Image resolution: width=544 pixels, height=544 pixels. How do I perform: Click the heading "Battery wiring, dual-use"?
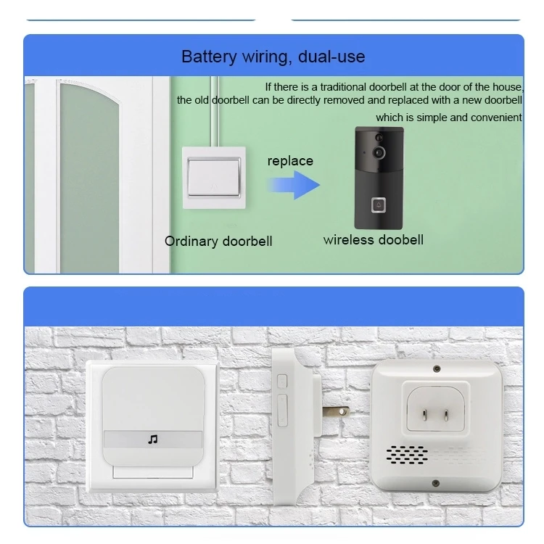(x=273, y=57)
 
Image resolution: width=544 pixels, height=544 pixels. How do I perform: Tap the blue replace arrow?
(x=293, y=185)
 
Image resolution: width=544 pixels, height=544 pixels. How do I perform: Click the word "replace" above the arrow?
(x=290, y=161)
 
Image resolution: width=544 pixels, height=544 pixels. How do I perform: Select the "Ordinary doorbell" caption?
(x=218, y=241)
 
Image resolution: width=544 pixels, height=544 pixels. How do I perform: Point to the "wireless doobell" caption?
(x=374, y=240)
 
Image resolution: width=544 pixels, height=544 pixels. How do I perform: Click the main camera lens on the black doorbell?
(x=379, y=152)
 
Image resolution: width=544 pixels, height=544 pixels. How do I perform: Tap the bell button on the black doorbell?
(x=379, y=205)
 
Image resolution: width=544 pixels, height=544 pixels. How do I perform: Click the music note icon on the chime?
(x=153, y=440)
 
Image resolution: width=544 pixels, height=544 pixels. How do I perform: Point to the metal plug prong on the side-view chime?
(x=336, y=412)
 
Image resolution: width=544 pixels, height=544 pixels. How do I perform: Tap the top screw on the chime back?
(x=437, y=368)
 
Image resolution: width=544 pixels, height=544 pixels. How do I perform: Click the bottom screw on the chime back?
(x=436, y=483)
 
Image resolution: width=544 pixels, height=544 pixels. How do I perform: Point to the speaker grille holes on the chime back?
(x=407, y=456)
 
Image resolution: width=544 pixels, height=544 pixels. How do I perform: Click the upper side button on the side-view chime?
(x=282, y=382)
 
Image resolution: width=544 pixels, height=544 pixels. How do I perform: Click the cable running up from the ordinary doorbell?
(x=215, y=112)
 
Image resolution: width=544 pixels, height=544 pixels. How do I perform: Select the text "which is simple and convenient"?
(x=448, y=118)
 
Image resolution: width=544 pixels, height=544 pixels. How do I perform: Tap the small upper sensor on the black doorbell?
(x=379, y=137)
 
